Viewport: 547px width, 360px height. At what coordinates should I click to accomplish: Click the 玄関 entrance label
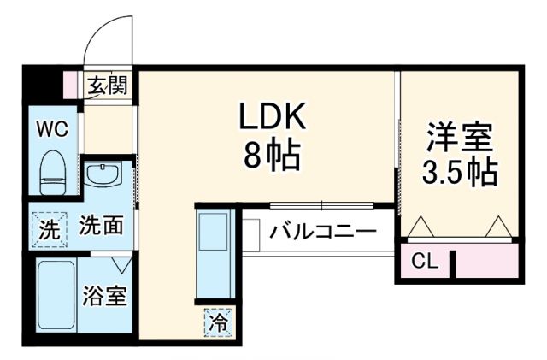coord(109,85)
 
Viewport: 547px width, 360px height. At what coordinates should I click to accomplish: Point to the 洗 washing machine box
coord(48,228)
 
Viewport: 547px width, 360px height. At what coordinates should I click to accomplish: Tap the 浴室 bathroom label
coord(104,297)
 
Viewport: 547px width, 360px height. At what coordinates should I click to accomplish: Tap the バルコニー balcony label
coord(322,231)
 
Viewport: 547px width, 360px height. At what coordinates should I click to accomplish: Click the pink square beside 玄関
coord(72,85)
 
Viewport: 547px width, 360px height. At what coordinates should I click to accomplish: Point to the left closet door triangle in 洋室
coord(421,227)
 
